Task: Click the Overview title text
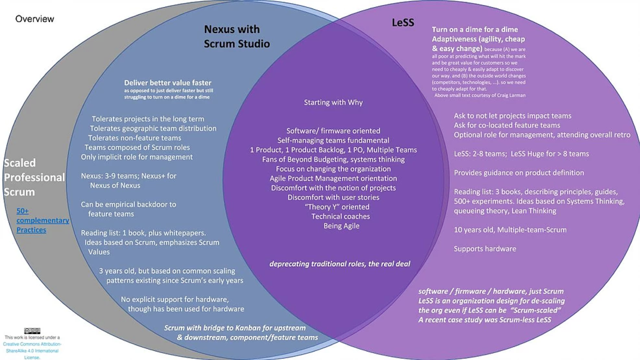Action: tap(35, 19)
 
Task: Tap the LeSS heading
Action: tap(403, 22)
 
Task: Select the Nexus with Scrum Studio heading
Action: tap(237, 36)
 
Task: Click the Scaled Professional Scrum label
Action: tap(34, 177)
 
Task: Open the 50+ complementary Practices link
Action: tap(43, 220)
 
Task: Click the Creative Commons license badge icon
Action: tap(32, 331)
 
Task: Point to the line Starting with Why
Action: tap(333, 102)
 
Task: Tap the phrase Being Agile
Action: tap(341, 226)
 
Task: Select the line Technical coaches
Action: tap(341, 216)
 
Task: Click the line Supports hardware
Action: tap(485, 249)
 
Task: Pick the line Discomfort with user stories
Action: tap(333, 197)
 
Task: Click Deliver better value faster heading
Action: tap(168, 83)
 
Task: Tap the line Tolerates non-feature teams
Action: tap(134, 138)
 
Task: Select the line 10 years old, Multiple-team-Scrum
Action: tap(510, 230)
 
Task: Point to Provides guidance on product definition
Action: tap(519, 173)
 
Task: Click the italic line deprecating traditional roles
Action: tap(340, 264)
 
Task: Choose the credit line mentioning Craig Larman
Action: tap(480, 95)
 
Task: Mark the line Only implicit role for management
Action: tap(137, 157)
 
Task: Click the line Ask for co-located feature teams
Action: tap(507, 125)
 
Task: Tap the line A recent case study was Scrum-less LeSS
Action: tap(485, 320)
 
